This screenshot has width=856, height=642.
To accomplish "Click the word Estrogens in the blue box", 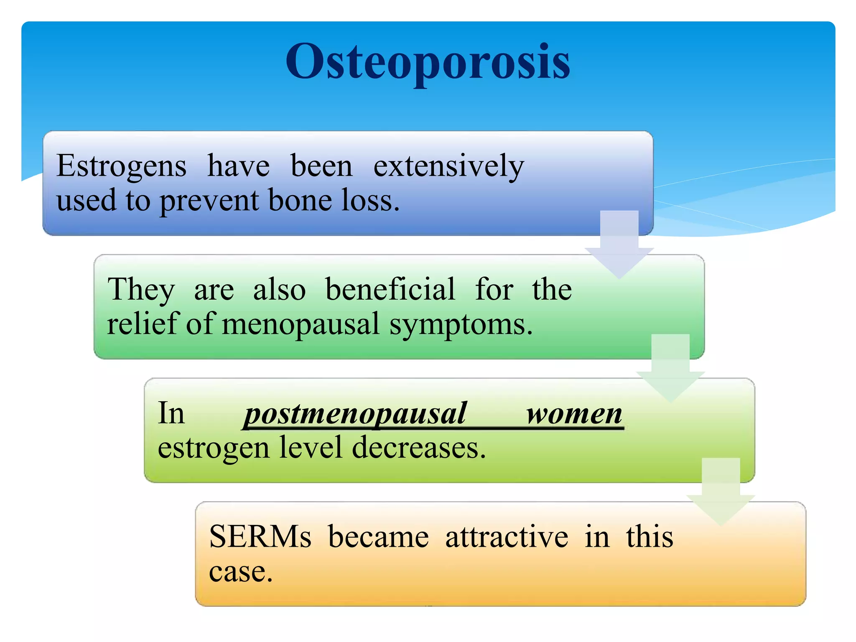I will pyautogui.click(x=121, y=167).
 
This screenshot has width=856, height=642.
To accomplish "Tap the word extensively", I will pyautogui.click(x=448, y=167).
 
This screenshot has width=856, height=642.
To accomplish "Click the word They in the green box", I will pyautogui.click(x=141, y=290).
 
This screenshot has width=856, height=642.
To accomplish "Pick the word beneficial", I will pyautogui.click(x=390, y=289).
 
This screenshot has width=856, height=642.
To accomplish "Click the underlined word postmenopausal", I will pyautogui.click(x=355, y=414).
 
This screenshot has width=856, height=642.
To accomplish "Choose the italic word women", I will pyautogui.click(x=574, y=414).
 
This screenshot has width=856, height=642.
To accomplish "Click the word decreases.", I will pyautogui.click(x=419, y=448).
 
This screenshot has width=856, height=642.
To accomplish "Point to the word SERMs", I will pyautogui.click(x=260, y=537).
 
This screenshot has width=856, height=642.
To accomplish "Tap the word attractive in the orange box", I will pyautogui.click(x=507, y=537).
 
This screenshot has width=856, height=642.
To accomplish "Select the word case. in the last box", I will pyautogui.click(x=241, y=572).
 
